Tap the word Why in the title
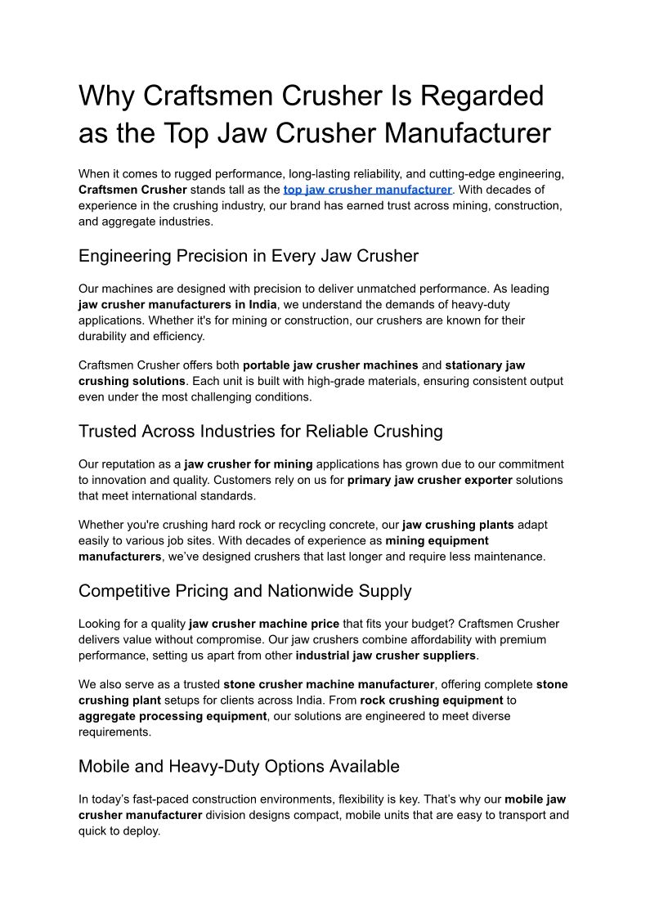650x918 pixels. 106,96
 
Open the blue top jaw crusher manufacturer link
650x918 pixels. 367,190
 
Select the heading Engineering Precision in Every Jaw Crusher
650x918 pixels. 248,256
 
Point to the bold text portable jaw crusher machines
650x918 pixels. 330,365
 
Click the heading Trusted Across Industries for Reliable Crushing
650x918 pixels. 260,431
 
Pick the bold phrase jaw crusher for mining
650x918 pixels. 249,464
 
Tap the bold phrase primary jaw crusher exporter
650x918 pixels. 429,480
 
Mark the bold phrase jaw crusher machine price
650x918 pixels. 263,624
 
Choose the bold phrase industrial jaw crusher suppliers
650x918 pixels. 385,656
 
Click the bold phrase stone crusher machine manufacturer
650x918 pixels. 329,684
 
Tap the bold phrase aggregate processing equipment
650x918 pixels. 173,716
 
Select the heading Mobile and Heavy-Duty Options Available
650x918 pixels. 239,766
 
